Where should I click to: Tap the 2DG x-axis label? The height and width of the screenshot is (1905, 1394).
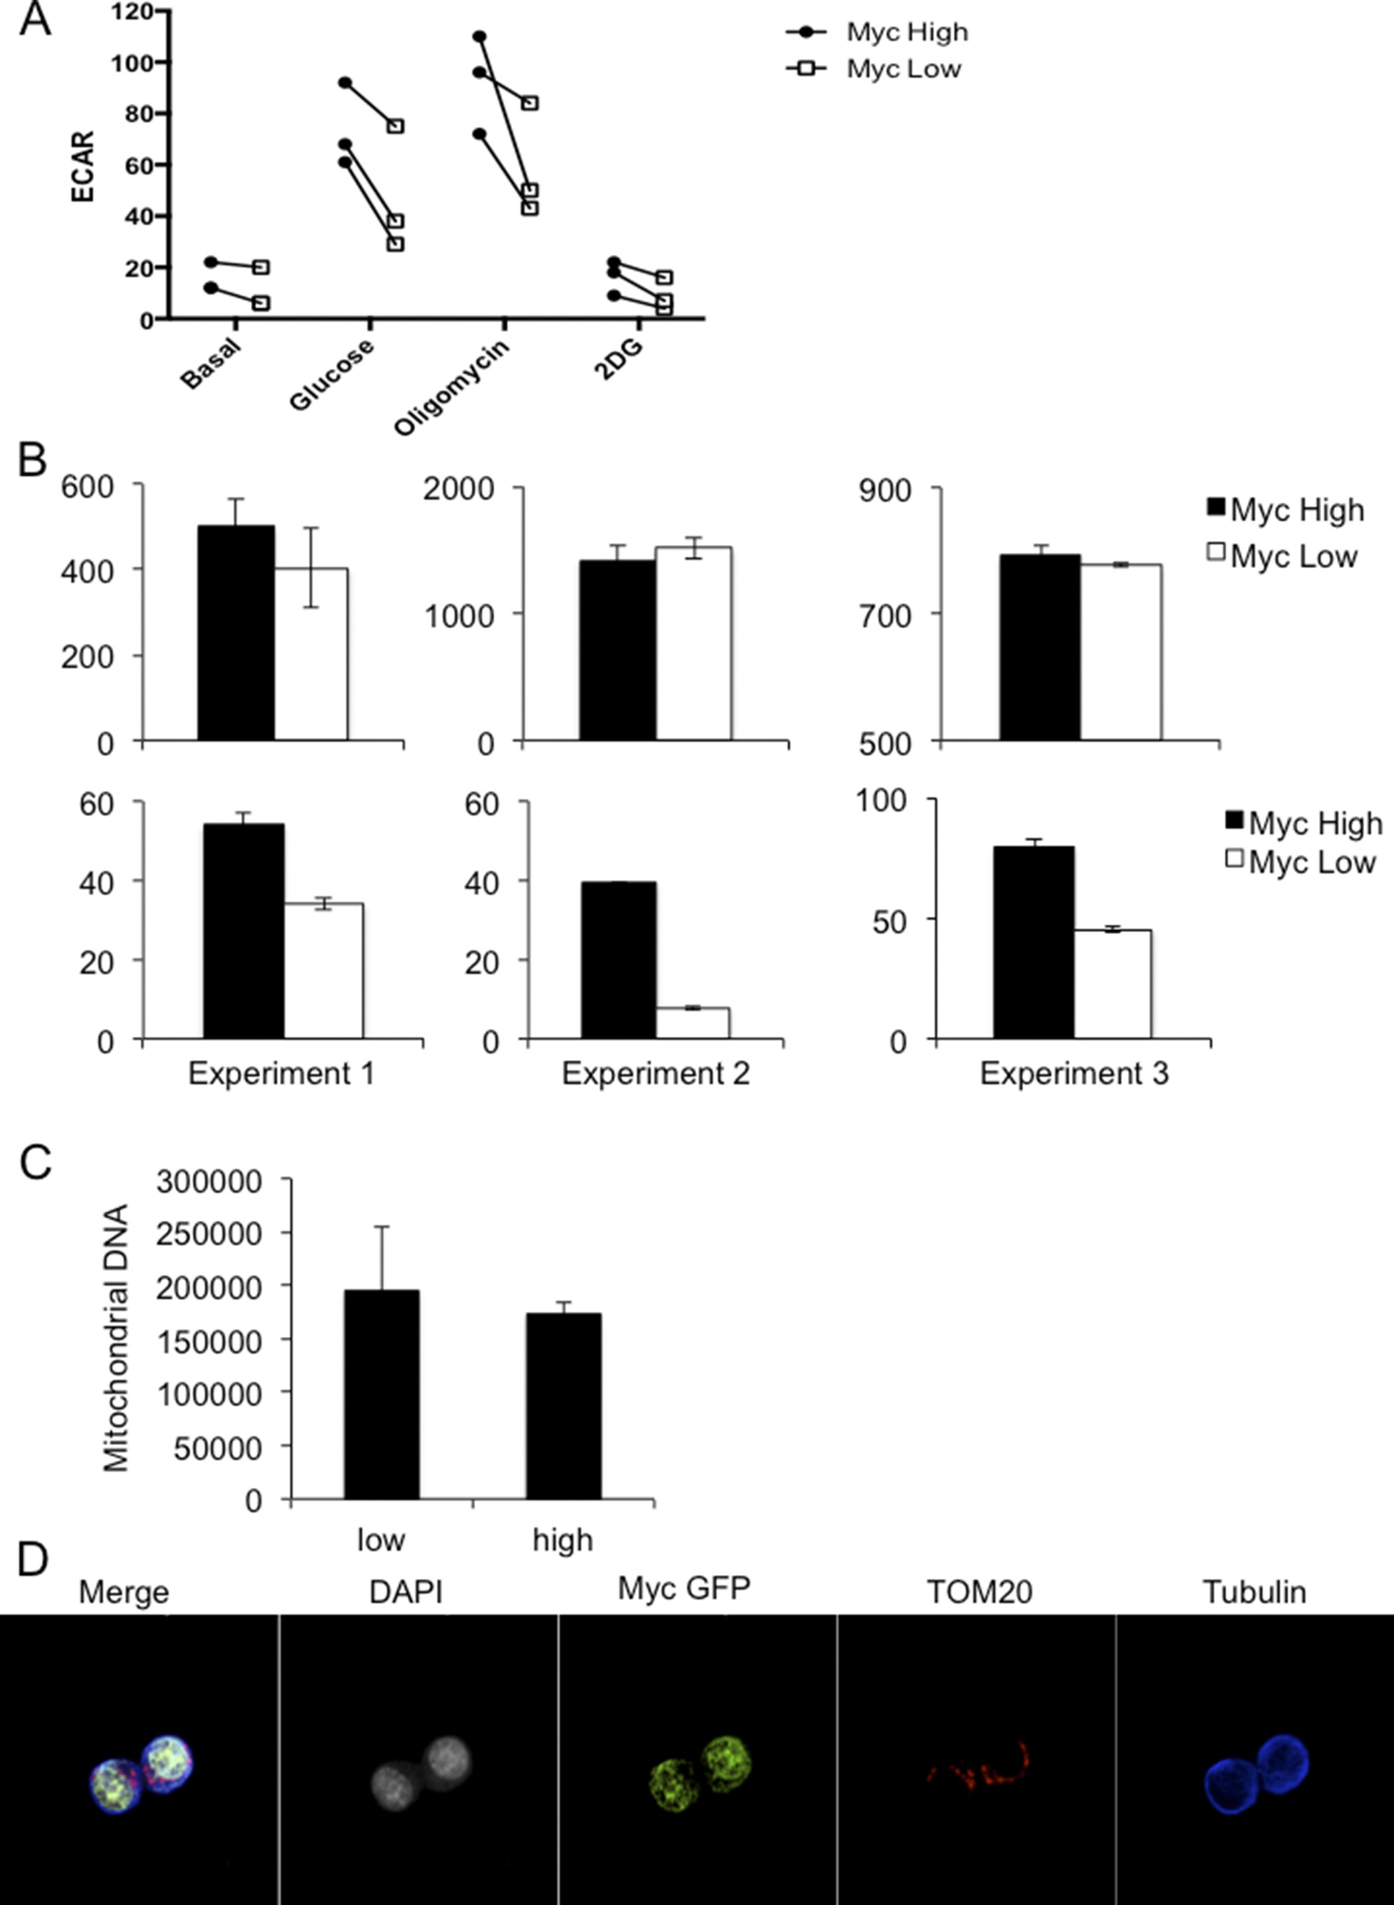click(619, 358)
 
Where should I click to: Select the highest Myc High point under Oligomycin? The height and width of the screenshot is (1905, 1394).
click(479, 37)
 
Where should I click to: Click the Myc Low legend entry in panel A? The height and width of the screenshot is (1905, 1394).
click(903, 69)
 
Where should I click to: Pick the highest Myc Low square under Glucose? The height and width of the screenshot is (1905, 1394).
click(396, 125)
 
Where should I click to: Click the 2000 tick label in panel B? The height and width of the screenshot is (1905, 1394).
click(458, 489)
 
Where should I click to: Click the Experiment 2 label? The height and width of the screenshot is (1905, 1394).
click(656, 1073)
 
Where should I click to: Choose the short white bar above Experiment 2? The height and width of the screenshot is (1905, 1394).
click(693, 1022)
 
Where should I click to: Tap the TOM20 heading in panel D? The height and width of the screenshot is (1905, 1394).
click(979, 1592)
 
